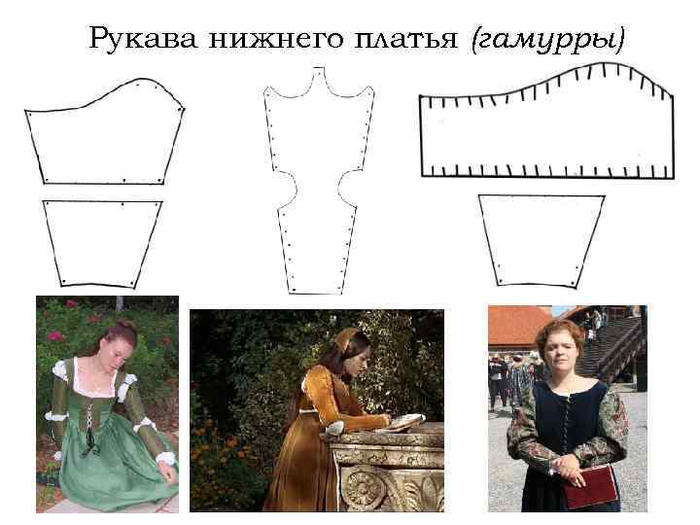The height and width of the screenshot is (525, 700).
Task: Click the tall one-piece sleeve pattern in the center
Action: point(318,185)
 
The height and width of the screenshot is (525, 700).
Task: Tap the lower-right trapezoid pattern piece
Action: point(541,239)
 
